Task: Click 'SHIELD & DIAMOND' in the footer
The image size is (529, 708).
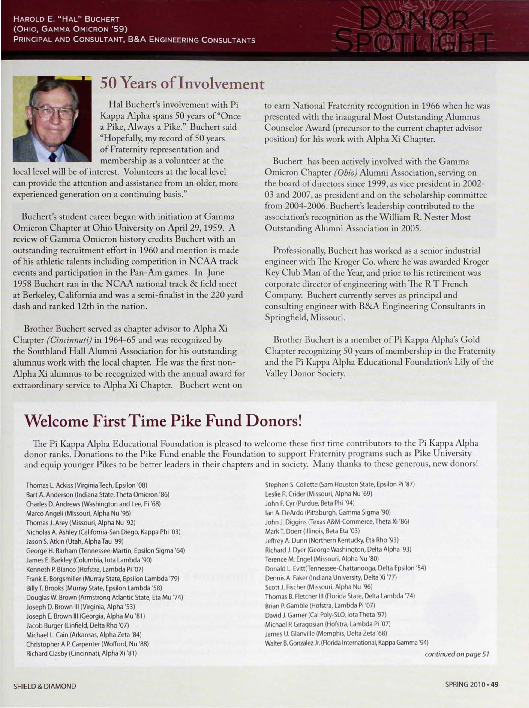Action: pos(45,686)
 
